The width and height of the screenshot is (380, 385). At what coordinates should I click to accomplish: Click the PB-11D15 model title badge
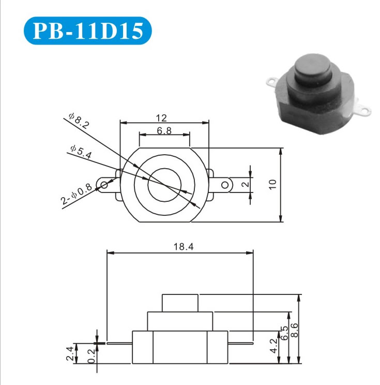point(87,31)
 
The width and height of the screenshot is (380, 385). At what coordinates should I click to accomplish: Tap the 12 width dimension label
point(161,118)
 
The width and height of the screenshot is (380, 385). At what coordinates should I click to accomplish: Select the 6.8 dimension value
point(164,130)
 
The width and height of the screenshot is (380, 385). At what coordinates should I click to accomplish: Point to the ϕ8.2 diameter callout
point(79,121)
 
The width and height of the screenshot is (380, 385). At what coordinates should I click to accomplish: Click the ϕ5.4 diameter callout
point(81,152)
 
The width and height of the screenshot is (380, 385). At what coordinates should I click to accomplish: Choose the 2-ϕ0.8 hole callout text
point(77,194)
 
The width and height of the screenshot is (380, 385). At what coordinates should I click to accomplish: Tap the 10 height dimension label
point(272,184)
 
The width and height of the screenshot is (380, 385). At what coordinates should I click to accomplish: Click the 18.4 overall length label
point(184,246)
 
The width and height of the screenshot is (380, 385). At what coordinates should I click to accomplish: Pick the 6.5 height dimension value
point(284,333)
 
